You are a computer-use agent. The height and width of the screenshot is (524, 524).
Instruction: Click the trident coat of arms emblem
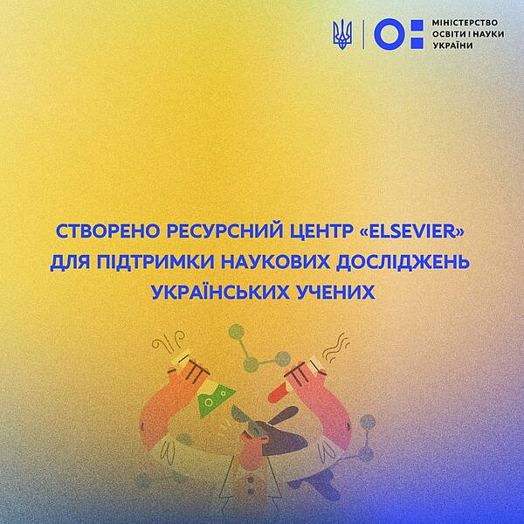(x=342, y=34)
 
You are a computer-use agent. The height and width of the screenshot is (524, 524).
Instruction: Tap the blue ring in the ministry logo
(x=388, y=34)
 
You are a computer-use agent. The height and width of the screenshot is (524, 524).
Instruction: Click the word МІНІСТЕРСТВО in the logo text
(x=465, y=23)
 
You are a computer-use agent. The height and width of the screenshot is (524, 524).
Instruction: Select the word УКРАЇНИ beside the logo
(x=452, y=45)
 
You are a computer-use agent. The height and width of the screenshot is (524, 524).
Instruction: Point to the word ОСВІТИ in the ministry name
(x=451, y=34)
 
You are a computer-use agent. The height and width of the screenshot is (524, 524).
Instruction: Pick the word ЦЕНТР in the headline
(x=316, y=232)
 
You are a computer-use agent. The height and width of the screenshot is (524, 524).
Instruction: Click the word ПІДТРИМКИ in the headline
(x=155, y=262)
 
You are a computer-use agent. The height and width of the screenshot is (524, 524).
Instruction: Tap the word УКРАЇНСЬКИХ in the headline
(x=220, y=292)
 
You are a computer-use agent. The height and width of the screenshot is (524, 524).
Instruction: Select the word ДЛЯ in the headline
(x=70, y=263)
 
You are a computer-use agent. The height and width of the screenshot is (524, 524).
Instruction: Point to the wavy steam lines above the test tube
(x=337, y=348)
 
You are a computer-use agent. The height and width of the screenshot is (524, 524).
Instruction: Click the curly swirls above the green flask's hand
(x=169, y=341)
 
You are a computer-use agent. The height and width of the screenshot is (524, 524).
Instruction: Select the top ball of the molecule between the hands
(x=237, y=332)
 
